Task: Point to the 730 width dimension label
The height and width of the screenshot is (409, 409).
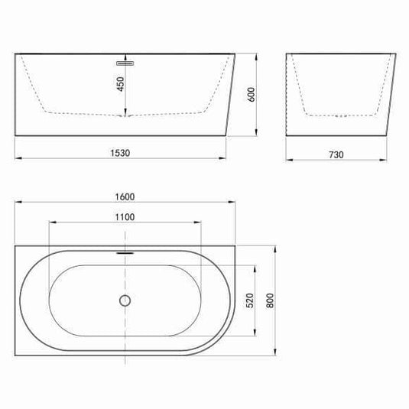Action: [337, 154]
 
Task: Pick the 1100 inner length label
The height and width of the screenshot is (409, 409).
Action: [125, 216]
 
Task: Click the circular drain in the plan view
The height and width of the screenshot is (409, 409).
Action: [125, 300]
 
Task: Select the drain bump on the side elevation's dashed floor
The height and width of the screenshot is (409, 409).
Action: [125, 115]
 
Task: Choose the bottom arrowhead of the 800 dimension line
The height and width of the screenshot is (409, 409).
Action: [277, 354]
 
